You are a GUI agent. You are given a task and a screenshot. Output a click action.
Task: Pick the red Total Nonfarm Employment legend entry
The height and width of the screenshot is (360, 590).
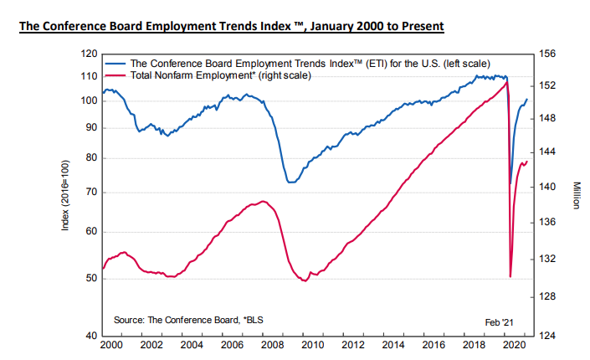pos(218,75)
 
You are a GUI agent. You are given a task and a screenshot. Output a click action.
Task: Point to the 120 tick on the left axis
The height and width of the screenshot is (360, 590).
pos(90,54)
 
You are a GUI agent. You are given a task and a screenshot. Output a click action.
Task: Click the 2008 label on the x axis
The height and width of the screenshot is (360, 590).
pos(271,345)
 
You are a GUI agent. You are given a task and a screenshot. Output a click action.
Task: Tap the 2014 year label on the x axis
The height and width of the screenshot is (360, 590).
pos(392,345)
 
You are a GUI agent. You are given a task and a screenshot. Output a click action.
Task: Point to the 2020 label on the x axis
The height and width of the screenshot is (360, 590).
pos(512,345)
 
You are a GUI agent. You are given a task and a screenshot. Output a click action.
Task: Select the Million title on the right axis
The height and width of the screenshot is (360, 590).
pos(577,196)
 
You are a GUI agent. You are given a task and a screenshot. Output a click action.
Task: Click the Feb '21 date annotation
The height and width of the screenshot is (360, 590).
pos(500,321)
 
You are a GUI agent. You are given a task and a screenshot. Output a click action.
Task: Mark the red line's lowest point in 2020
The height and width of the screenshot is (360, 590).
pos(510,276)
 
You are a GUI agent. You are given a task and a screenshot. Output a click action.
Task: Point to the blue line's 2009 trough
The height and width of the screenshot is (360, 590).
pos(290,182)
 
